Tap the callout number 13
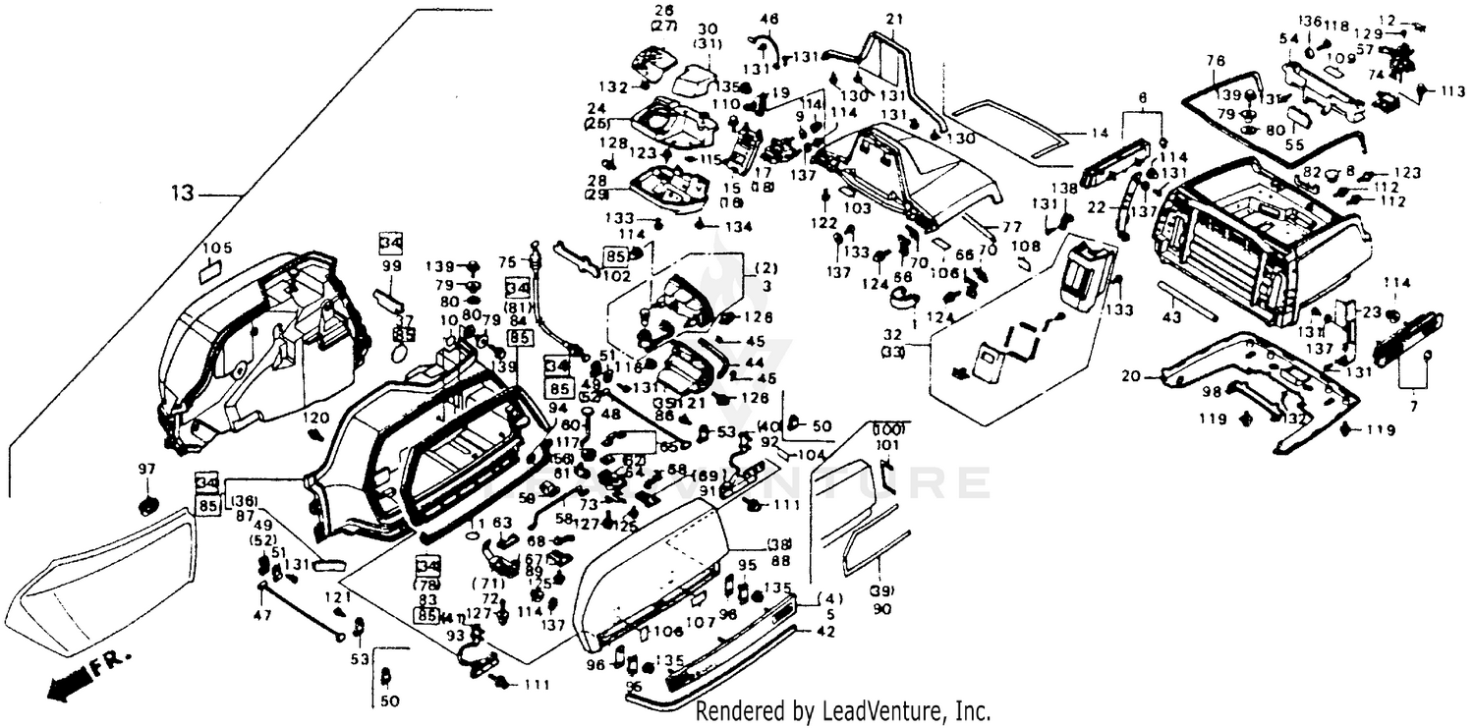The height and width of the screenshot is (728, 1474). [184, 194]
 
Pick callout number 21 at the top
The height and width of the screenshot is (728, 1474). [893, 20]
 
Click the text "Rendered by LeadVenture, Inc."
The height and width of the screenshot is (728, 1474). [842, 710]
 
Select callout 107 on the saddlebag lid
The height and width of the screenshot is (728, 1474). [700, 621]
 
